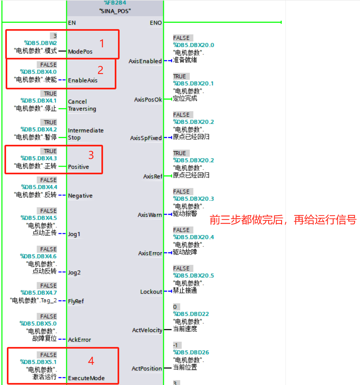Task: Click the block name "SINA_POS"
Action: point(115,11)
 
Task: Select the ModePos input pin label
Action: point(80,51)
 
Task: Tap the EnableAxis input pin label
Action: point(82,80)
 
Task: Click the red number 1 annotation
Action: point(102,43)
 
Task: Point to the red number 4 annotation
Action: point(91,360)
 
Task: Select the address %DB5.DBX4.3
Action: point(39,158)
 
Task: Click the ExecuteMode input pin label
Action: point(86,378)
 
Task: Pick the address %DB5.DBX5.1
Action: point(38,362)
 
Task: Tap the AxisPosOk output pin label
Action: point(148,99)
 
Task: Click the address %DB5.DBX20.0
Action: point(194,45)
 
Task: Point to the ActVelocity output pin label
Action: point(147,330)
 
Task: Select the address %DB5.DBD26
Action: point(191,352)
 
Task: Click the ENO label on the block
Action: point(156,23)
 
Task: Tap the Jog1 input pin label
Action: point(74,234)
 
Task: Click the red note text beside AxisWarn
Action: point(283,220)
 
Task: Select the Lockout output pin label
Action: point(151,292)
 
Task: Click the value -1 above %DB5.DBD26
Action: point(176,345)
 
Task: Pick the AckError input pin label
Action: point(79,340)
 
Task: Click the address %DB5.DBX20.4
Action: point(194,237)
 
